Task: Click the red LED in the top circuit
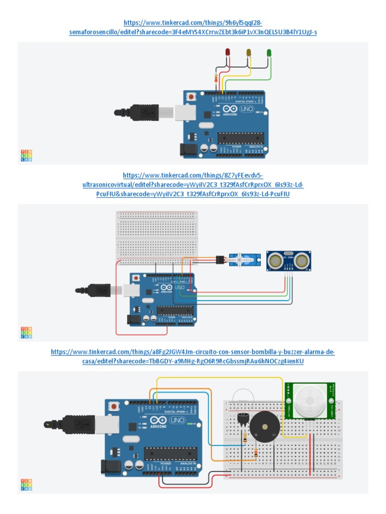coord(228,52)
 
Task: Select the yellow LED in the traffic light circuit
coord(248,52)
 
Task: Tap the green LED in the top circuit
coord(269,52)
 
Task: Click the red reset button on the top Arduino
coord(191,96)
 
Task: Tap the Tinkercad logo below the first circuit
coord(26,156)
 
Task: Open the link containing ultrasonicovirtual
coord(193,184)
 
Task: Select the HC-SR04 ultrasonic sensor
coord(288,260)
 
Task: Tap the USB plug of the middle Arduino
coord(95,290)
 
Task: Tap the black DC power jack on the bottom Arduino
coord(111,468)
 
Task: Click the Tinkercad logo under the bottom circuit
coord(26,484)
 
